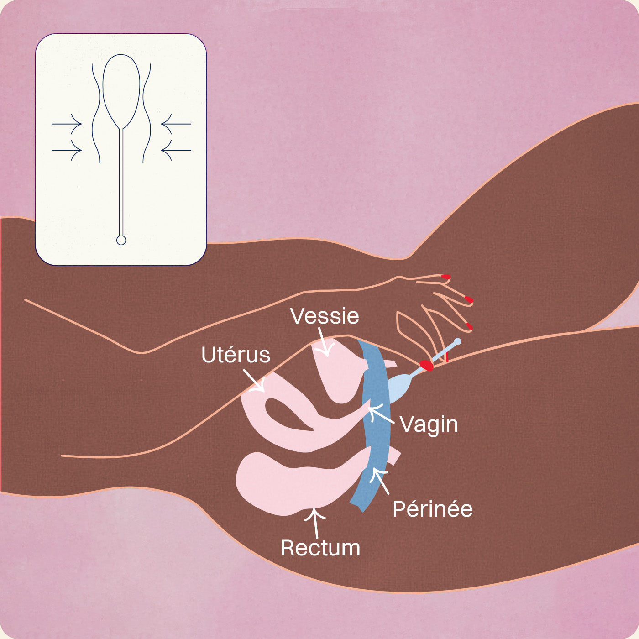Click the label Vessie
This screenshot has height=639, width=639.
tap(325, 316)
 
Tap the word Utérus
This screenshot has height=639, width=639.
tap(236, 355)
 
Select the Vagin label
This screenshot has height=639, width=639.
tap(429, 424)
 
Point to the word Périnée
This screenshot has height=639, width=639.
tap(432, 509)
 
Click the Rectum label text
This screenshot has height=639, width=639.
tap(320, 548)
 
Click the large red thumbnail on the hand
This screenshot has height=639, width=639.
tap(426, 365)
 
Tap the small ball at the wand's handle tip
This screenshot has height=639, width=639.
tap(458, 341)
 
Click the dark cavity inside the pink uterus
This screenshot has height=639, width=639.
tap(285, 413)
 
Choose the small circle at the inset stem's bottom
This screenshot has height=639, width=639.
tap(121, 240)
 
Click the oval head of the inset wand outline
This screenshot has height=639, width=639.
tap(121, 89)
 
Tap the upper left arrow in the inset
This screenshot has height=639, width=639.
tap(67, 124)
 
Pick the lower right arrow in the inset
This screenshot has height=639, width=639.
tap(176, 150)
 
